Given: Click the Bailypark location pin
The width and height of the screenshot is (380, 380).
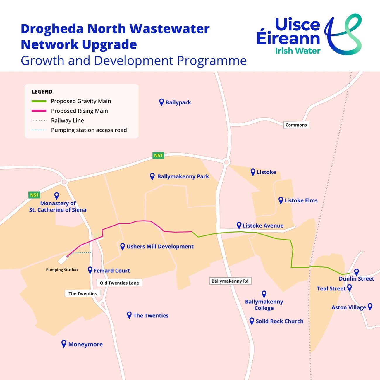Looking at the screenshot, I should click(x=161, y=102).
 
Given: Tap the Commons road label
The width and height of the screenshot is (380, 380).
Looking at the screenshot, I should click(x=296, y=125).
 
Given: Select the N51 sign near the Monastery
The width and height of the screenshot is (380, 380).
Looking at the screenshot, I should click(x=34, y=195).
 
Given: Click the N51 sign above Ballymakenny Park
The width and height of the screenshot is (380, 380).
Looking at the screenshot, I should click(x=158, y=155).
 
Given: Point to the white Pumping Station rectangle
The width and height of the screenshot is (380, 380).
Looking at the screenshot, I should click(x=63, y=259).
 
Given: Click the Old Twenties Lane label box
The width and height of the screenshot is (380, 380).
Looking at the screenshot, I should click(x=119, y=283).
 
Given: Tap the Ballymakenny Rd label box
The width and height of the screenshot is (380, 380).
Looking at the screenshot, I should click(x=230, y=281).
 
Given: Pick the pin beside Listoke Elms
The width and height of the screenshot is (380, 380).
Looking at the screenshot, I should click(x=281, y=200).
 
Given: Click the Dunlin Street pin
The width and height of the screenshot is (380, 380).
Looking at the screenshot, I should click(x=356, y=272).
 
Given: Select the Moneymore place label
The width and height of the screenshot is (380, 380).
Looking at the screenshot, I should click(x=85, y=344).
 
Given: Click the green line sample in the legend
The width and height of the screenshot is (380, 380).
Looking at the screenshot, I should click(x=39, y=101).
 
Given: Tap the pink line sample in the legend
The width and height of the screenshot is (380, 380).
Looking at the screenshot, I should click(x=39, y=111).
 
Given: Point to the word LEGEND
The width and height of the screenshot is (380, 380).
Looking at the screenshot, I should click(x=42, y=92).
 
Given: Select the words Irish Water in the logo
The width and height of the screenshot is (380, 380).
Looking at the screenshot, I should click(x=298, y=51).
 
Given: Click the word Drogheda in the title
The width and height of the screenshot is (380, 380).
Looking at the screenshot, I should click(x=52, y=29).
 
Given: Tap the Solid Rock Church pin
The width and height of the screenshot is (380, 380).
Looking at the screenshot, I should click(x=252, y=321).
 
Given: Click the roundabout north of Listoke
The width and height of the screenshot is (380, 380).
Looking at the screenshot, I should click(x=226, y=162).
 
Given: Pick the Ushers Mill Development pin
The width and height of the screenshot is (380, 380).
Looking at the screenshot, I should click(x=123, y=246).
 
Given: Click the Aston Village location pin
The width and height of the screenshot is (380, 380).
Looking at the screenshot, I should click(x=370, y=306).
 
